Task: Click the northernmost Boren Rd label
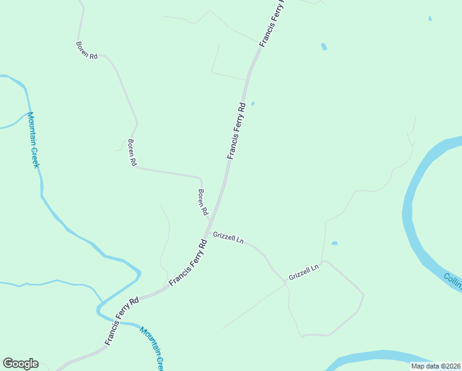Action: pyautogui.click(x=86, y=50)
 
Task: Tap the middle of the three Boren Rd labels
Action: pyautogui.click(x=132, y=152)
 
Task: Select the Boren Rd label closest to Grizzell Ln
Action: pyautogui.click(x=202, y=202)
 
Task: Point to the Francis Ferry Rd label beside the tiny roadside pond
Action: pyautogui.click(x=237, y=131)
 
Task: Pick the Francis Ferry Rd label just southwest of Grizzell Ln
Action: pyautogui.click(x=187, y=262)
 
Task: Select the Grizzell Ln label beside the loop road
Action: pyautogui.click(x=303, y=271)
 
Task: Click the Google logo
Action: pyautogui.click(x=20, y=364)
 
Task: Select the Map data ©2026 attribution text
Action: pyautogui.click(x=435, y=365)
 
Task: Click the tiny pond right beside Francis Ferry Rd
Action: pyautogui.click(x=253, y=103)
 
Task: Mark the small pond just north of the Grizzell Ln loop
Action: pyautogui.click(x=334, y=243)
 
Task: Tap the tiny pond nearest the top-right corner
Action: pyautogui.click(x=430, y=19)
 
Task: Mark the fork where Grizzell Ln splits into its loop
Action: pyautogui.click(x=287, y=283)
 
